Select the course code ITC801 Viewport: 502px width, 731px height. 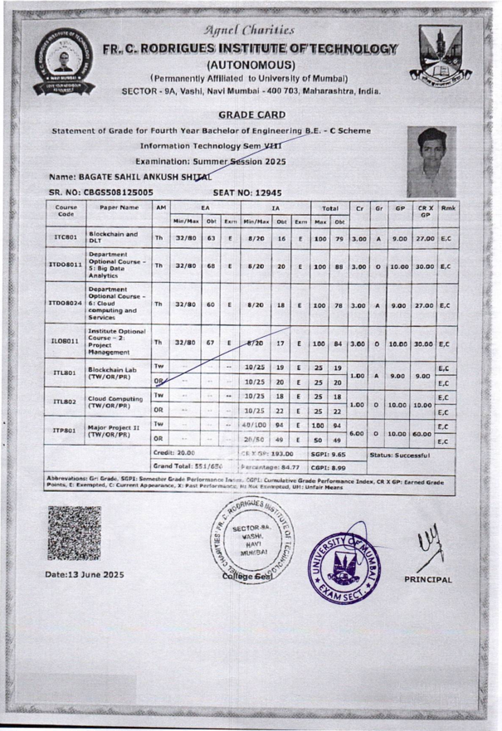pos(66,240)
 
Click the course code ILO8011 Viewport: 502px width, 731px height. pos(66,339)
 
